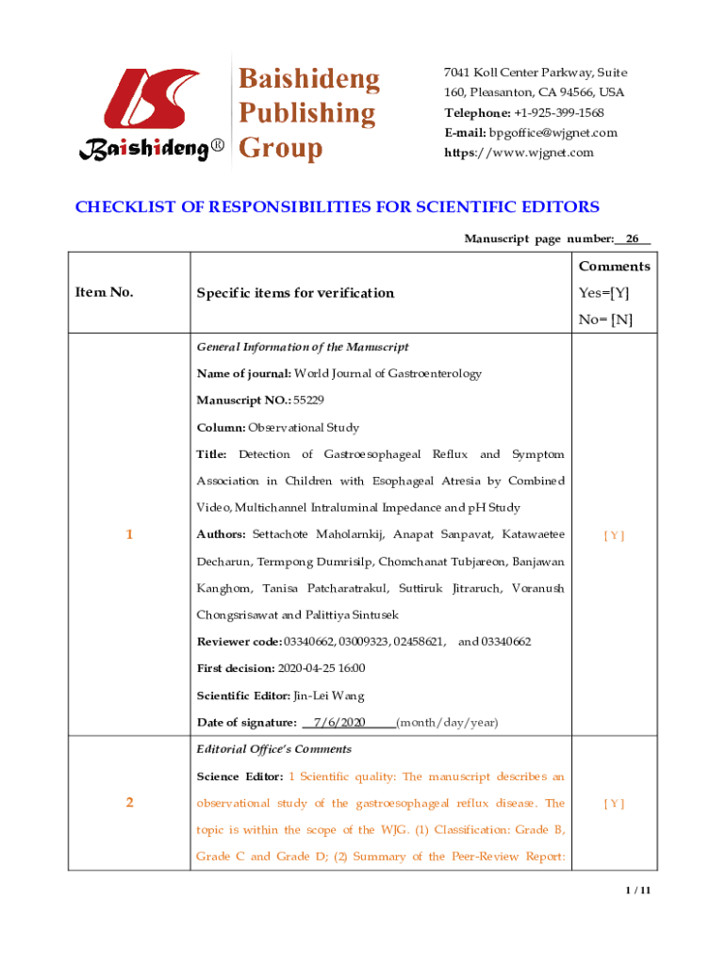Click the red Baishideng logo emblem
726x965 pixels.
tap(148, 99)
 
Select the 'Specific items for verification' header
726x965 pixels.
tap(295, 293)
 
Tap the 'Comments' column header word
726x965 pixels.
tap(614, 267)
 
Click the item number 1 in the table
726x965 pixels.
tap(128, 535)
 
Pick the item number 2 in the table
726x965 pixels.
tap(129, 803)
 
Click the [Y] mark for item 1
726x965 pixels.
tap(614, 535)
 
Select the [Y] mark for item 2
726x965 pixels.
tap(614, 804)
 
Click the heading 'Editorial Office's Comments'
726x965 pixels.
tap(273, 749)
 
